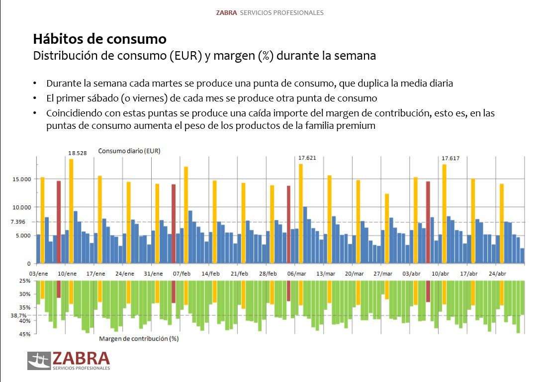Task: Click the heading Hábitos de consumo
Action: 99,39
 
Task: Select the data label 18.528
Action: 78,153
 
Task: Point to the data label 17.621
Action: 307,158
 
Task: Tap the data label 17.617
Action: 450,159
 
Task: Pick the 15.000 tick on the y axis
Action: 22,179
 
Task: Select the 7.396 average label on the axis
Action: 23,222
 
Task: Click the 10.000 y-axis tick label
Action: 22,207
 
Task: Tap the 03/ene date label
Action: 39,274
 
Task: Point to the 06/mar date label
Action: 297,274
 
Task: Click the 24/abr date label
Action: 497,274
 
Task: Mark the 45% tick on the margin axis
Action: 25,334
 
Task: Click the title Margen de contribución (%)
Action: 139,339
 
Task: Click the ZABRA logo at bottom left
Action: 69,361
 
